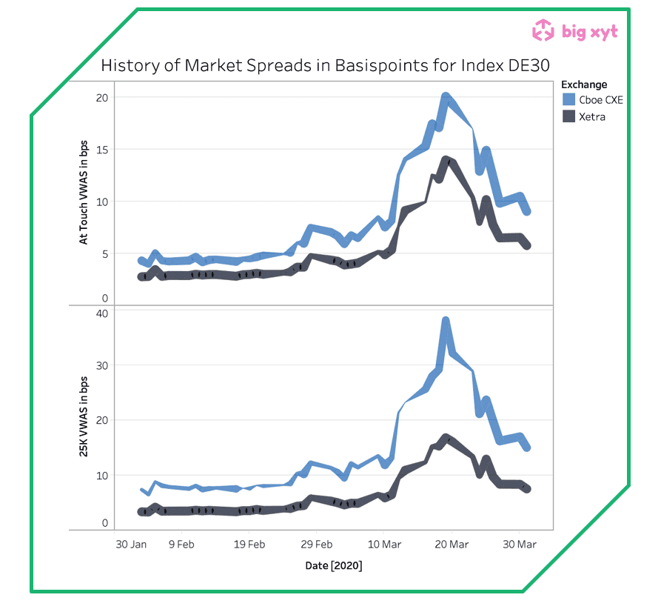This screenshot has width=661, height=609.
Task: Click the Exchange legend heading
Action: (x=583, y=84)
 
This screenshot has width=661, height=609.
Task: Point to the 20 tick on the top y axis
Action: (x=101, y=98)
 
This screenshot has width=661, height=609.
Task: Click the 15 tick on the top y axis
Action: (x=101, y=150)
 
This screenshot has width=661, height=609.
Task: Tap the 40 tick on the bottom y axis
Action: (x=101, y=313)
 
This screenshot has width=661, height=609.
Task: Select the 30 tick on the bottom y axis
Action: (x=101, y=366)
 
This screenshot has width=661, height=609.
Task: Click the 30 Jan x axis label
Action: (x=132, y=545)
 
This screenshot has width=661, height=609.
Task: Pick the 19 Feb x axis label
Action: (x=249, y=545)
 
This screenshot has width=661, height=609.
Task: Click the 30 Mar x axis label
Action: (x=520, y=545)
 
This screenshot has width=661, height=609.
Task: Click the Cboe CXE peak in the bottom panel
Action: (x=446, y=322)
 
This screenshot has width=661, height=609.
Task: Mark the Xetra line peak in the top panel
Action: (x=446, y=159)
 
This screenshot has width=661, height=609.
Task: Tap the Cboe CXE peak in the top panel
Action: (x=446, y=96)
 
